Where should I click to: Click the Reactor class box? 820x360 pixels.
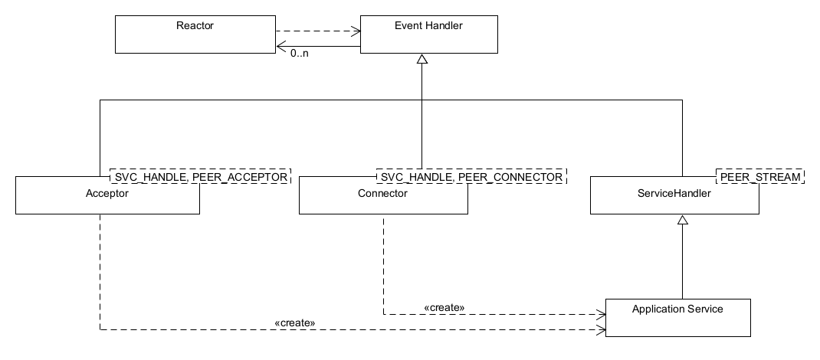195,35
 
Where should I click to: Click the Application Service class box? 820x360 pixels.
677,316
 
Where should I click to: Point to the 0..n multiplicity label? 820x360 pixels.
300,54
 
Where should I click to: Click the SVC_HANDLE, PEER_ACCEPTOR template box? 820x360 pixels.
201,177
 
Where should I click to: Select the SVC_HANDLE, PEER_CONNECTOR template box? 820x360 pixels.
469,177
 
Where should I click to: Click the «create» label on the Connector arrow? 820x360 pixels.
444,307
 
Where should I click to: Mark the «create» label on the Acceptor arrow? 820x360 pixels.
294,322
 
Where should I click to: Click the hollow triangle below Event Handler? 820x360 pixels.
421,60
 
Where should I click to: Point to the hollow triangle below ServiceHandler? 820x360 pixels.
682,221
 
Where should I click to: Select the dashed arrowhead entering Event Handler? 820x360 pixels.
356,32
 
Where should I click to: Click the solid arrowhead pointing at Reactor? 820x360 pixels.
280,46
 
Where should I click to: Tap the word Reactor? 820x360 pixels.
195,26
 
